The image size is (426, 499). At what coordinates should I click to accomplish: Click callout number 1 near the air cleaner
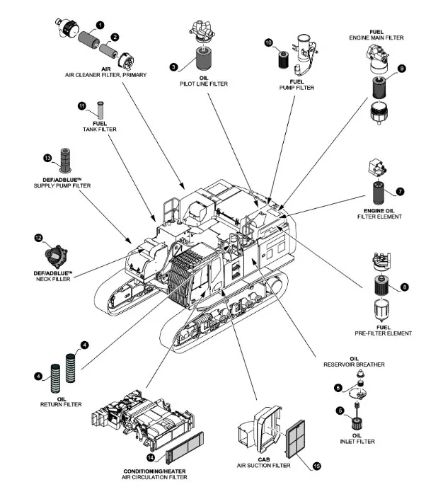pyautogui.click(x=100, y=25)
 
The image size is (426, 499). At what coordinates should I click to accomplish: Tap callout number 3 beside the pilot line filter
pyautogui.click(x=173, y=67)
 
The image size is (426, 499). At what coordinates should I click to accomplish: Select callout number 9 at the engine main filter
pyautogui.click(x=401, y=69)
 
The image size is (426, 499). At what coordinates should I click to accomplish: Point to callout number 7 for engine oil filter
pyautogui.click(x=400, y=191)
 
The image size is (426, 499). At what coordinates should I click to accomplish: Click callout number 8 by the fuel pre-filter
pyautogui.click(x=404, y=287)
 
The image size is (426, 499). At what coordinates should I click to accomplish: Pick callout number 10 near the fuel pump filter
pyautogui.click(x=268, y=43)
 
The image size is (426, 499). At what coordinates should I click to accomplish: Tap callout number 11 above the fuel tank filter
pyautogui.click(x=82, y=106)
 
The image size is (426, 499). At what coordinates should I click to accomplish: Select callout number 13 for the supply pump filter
pyautogui.click(x=48, y=157)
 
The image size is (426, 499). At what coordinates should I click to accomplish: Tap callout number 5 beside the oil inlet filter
pyautogui.click(x=340, y=410)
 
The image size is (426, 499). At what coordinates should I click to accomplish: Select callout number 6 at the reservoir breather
pyautogui.click(x=338, y=387)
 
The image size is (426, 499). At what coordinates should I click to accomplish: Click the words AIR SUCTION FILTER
pyautogui.click(x=263, y=465)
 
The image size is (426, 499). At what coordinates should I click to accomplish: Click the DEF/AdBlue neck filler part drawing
pyautogui.click(x=54, y=250)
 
